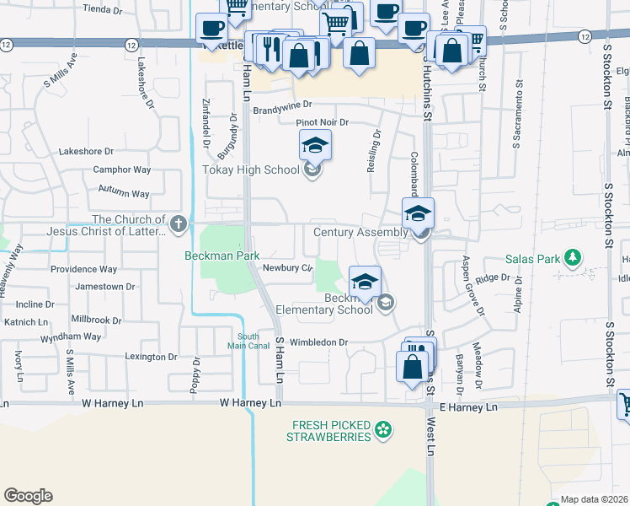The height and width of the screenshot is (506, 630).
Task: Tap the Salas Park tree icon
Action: pos(574,256)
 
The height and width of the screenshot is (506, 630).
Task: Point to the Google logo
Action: pos(29,495)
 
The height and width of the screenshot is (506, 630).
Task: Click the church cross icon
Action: pos(178,223)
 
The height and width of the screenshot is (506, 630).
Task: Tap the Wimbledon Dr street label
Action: pos(319,342)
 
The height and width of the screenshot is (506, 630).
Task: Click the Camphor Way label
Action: pos(122,170)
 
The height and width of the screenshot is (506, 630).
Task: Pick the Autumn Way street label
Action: pos(124,193)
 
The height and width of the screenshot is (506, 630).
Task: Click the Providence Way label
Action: pos(83,269)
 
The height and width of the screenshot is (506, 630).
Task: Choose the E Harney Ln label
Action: pos(463,407)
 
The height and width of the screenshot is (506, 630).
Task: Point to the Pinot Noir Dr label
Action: pos(322,122)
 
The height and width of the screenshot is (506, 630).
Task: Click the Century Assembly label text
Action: pos(360,232)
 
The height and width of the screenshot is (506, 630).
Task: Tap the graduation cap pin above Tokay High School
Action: pos(316,146)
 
